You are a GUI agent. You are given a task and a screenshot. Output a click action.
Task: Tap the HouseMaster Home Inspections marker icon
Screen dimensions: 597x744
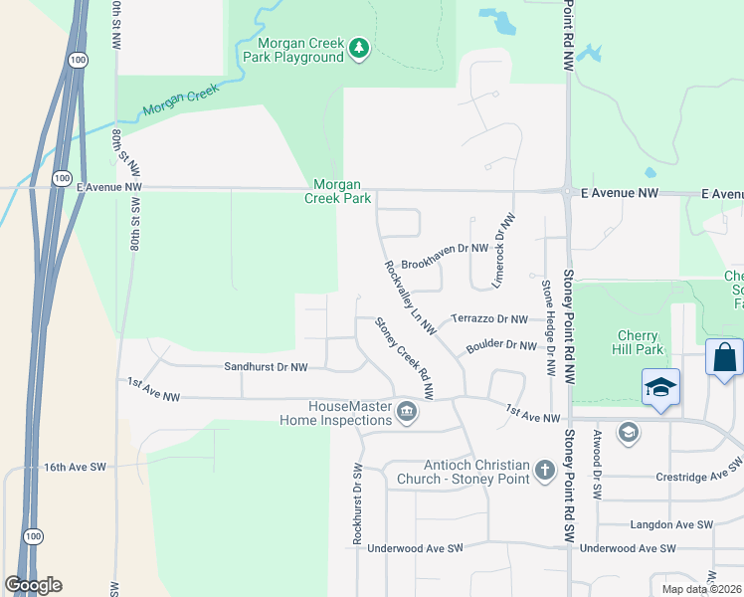click(406, 412)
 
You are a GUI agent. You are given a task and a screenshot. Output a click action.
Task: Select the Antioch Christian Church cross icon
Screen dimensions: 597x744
click(543, 470)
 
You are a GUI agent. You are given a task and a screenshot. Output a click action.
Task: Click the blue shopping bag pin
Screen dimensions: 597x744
click(724, 357)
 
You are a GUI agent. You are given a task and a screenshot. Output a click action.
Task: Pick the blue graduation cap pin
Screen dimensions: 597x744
click(660, 387)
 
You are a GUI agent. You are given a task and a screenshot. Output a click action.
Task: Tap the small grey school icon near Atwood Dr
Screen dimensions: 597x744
click(628, 432)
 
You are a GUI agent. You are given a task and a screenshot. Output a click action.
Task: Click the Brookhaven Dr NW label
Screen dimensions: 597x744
click(446, 249)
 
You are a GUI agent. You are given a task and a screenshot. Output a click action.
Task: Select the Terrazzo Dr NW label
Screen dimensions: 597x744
click(489, 319)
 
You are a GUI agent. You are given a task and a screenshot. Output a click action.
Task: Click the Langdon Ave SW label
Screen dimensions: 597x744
click(672, 524)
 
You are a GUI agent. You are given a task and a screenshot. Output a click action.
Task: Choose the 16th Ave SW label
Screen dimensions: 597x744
click(75, 466)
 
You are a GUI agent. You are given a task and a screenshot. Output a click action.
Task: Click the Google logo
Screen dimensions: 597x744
click(34, 585)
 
